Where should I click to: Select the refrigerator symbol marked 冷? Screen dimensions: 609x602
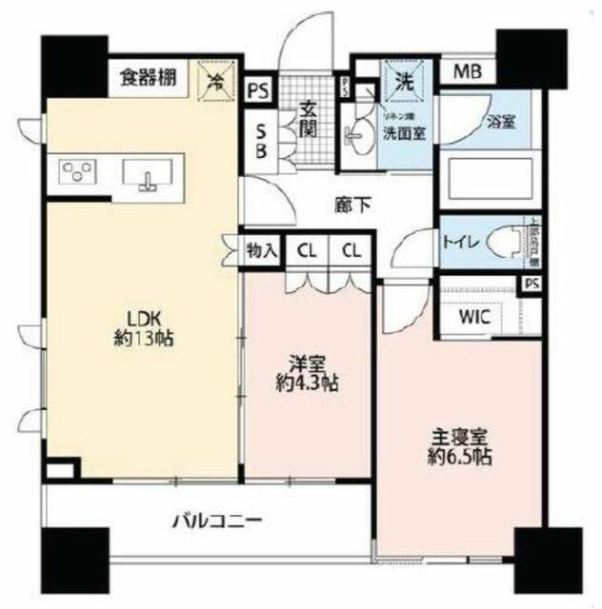[217, 80]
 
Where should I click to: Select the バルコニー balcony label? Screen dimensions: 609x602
[216, 521]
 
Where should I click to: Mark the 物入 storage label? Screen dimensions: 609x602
[262, 252]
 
